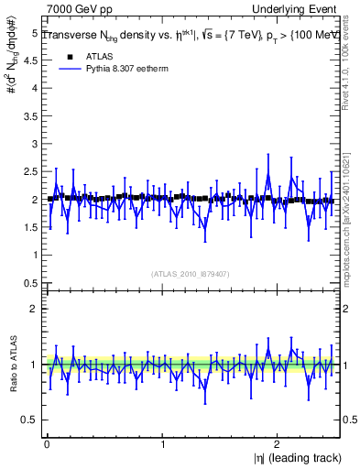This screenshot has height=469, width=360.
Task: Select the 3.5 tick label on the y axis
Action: [30, 116]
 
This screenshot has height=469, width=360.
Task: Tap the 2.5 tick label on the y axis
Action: [30, 171]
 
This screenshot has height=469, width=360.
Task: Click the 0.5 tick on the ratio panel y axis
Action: [30, 420]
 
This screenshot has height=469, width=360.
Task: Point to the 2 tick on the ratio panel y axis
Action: [34, 309]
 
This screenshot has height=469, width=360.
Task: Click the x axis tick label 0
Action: [46, 444]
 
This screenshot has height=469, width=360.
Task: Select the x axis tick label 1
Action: [163, 444]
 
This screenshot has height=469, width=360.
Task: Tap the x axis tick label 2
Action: [280, 444]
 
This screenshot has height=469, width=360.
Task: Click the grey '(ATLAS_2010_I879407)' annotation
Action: [191, 273]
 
